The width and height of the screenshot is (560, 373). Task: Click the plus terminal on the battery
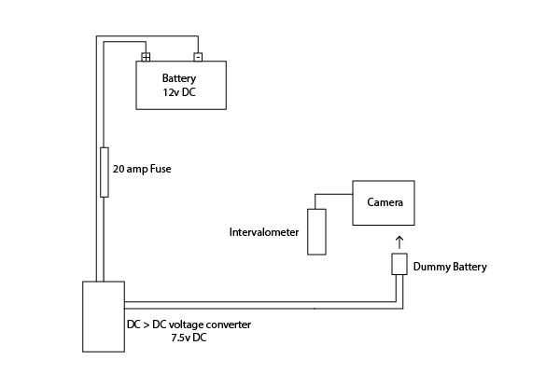[146, 57]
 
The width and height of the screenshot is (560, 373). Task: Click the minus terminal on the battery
[198, 57]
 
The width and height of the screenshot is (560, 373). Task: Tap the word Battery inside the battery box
[180, 78]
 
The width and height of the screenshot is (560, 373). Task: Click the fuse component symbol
[105, 172]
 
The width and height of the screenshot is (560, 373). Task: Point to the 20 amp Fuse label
[142, 171]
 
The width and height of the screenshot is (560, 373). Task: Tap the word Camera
[384, 202]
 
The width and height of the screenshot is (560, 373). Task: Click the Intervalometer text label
[264, 231]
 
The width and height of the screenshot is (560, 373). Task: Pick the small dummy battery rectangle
[399, 264]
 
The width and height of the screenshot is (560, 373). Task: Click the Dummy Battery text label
[449, 267]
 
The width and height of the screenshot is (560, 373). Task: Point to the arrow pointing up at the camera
[400, 241]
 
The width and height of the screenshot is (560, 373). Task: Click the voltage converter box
[104, 317]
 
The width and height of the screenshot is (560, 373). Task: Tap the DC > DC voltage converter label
[188, 325]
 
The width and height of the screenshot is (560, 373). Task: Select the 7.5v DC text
[188, 338]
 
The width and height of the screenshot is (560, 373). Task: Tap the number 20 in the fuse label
[118, 171]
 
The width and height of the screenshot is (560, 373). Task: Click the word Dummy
[430, 267]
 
